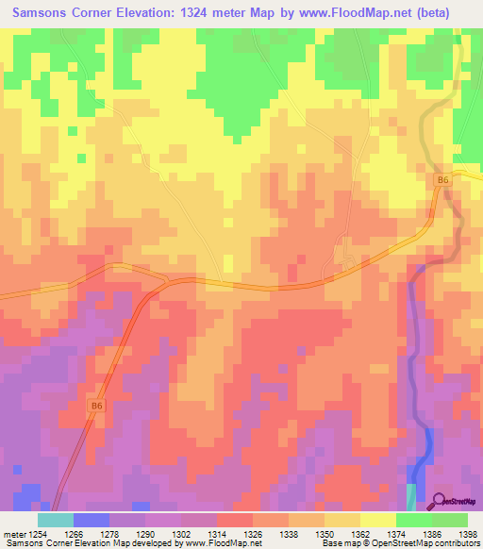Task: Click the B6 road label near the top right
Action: point(441,179)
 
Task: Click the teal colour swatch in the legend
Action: point(55,520)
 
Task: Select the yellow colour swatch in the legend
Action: point(377,520)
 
